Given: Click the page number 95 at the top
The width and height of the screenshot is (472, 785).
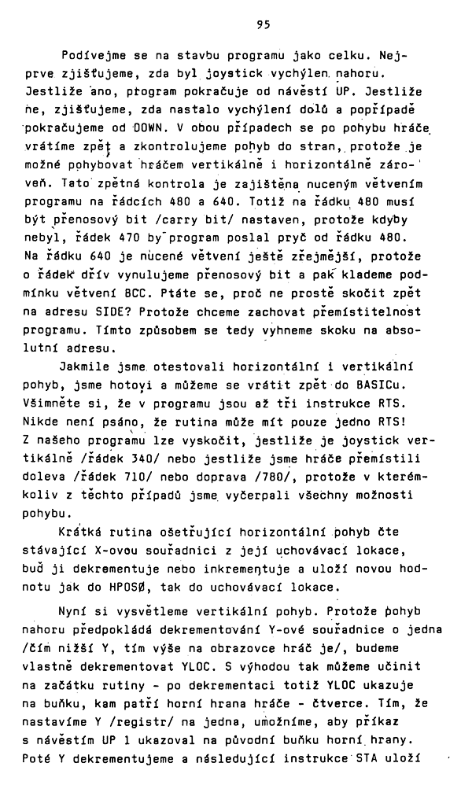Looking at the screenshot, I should coord(263,24).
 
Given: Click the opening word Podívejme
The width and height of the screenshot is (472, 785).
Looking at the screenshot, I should coord(89,57).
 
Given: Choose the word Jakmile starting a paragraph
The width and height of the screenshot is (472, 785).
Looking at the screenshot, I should coord(86,366).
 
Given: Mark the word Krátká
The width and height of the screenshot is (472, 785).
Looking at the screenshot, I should coord(83,531).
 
